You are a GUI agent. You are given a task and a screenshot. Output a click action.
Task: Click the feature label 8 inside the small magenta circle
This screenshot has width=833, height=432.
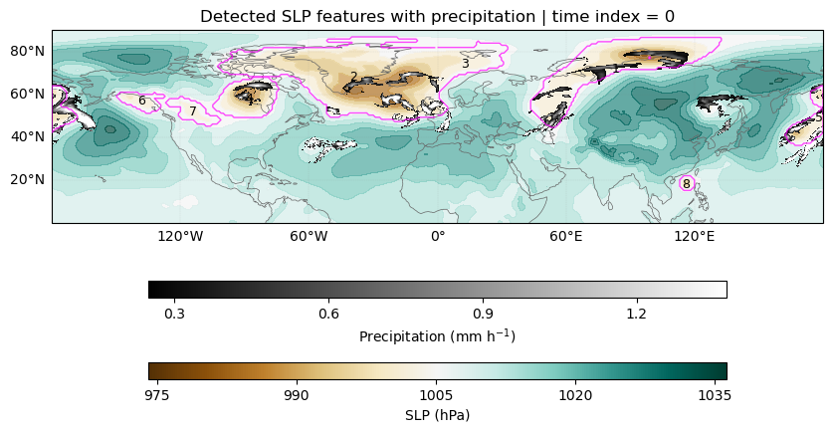[687, 184]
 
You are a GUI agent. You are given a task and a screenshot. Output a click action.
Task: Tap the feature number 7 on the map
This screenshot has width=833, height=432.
[193, 111]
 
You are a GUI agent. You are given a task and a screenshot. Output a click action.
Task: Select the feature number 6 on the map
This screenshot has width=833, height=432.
[142, 101]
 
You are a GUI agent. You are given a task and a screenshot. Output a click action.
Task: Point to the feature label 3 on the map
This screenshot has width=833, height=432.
[466, 64]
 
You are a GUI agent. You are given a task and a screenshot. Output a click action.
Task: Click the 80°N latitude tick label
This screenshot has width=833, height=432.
[28, 51]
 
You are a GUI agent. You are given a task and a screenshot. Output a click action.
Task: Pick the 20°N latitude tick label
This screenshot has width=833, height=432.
[28, 179]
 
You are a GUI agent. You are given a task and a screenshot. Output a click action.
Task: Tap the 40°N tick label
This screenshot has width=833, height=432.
[28, 136]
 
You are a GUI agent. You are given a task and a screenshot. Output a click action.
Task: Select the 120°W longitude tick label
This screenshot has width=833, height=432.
[180, 236]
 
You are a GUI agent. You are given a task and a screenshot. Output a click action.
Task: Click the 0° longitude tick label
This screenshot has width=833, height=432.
[437, 236]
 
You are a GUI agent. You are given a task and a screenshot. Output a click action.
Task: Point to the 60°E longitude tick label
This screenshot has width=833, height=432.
[565, 236]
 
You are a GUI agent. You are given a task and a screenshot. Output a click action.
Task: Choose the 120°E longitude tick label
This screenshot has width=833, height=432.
[695, 236]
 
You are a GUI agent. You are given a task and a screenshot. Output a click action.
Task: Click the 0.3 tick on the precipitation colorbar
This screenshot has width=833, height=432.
[174, 314]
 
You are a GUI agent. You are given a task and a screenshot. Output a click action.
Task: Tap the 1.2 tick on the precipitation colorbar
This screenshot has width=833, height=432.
[636, 314]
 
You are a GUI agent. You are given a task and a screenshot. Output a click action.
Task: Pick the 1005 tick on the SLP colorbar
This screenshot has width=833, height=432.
[436, 396]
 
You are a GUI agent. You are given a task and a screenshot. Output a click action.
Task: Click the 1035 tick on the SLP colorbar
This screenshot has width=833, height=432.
[715, 396]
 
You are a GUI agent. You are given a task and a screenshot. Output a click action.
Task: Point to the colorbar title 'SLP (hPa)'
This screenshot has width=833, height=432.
[437, 415]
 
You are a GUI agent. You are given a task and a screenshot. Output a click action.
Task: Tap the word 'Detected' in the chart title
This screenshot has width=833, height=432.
[233, 17]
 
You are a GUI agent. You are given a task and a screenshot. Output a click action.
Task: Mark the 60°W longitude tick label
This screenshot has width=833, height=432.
[309, 236]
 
